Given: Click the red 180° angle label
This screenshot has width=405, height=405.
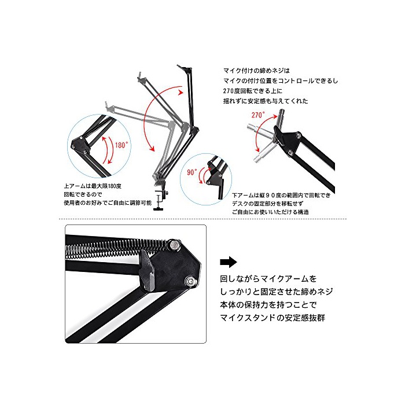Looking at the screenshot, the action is click(122, 145).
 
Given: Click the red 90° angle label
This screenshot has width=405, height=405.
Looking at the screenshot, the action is click(192, 172).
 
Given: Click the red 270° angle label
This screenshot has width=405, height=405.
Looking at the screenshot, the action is click(258, 115).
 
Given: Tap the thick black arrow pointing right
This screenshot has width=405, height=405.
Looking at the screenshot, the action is click(229, 262).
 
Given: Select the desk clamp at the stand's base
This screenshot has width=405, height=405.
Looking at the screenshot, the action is click(161, 200).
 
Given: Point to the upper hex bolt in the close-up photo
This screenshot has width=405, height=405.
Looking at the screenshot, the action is click(175, 244).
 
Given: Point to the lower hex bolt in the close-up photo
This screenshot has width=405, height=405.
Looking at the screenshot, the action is click(190, 281).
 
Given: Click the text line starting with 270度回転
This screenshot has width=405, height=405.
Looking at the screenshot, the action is click(253, 91).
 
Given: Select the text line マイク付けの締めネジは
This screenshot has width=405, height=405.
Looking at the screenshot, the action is click(256, 71).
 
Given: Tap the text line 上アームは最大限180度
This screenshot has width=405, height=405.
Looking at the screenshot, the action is click(93, 186).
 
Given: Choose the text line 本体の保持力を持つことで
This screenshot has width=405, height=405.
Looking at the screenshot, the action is click(268, 305).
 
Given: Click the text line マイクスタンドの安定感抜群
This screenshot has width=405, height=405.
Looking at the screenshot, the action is click(273, 318).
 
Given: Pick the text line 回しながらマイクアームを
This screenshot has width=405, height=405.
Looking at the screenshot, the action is click(268, 279).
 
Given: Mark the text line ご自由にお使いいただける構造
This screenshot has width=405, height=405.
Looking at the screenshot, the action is click(270, 212).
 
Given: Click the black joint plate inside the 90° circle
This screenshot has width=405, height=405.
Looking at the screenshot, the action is click(215, 176).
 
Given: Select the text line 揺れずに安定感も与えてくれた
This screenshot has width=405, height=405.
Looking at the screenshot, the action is click(266, 101).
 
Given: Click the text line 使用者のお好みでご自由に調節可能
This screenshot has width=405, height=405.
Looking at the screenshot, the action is click(108, 203).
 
